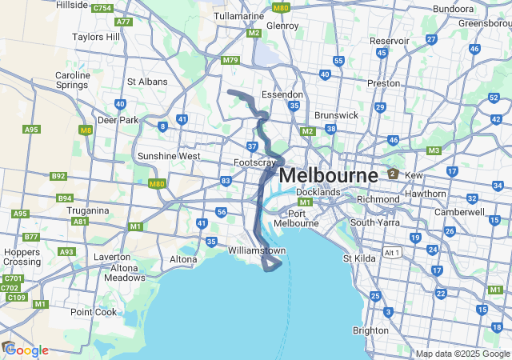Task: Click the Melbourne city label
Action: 329,175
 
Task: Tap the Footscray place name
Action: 254,163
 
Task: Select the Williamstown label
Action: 257,250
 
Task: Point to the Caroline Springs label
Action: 73,81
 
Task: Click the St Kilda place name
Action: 358,258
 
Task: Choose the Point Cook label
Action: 94,312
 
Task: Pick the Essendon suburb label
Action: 282,94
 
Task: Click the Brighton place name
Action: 370,330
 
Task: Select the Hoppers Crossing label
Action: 22,257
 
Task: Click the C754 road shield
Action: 102,8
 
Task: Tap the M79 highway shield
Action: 231,60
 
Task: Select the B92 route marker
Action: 58,176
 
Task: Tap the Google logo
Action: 26,350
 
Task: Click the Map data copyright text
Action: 462,354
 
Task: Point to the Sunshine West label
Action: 169,156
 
